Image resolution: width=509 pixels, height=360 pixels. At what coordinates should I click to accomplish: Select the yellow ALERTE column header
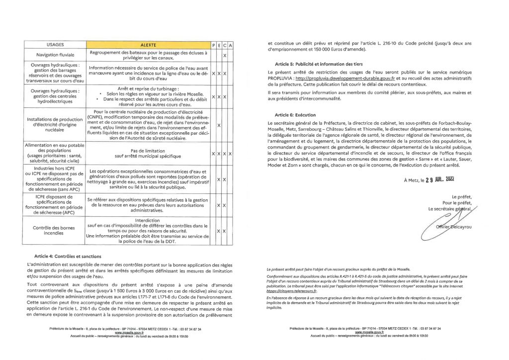pos(149,45)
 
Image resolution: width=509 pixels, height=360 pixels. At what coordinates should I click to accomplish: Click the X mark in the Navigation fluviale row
pos(225,55)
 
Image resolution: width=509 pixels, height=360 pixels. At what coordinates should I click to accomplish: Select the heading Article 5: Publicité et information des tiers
pos(320,65)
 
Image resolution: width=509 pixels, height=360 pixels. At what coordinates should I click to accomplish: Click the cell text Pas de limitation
pos(149,151)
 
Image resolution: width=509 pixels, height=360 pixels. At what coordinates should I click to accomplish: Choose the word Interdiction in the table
pos(149,220)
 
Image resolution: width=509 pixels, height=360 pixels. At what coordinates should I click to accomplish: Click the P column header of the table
pos(213,45)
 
